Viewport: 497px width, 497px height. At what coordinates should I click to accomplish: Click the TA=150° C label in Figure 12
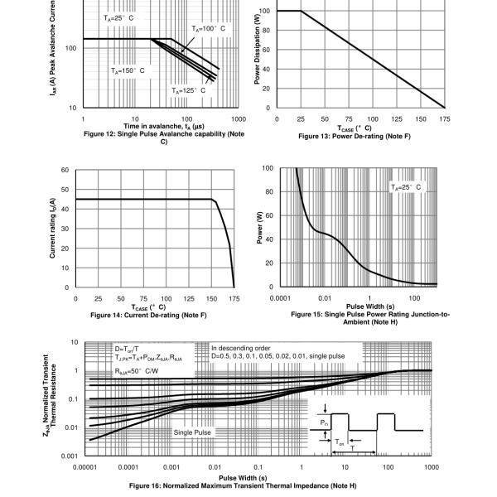pos(128,71)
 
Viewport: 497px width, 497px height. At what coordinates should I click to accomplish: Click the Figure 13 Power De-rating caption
pos(360,137)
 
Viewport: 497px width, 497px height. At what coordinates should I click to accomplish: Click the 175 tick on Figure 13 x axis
pos(446,119)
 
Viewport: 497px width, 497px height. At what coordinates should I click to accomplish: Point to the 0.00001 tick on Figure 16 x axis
pos(86,467)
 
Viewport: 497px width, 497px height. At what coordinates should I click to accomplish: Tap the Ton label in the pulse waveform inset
pos(340,443)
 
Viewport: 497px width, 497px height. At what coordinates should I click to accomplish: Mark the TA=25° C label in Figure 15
pos(406,187)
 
